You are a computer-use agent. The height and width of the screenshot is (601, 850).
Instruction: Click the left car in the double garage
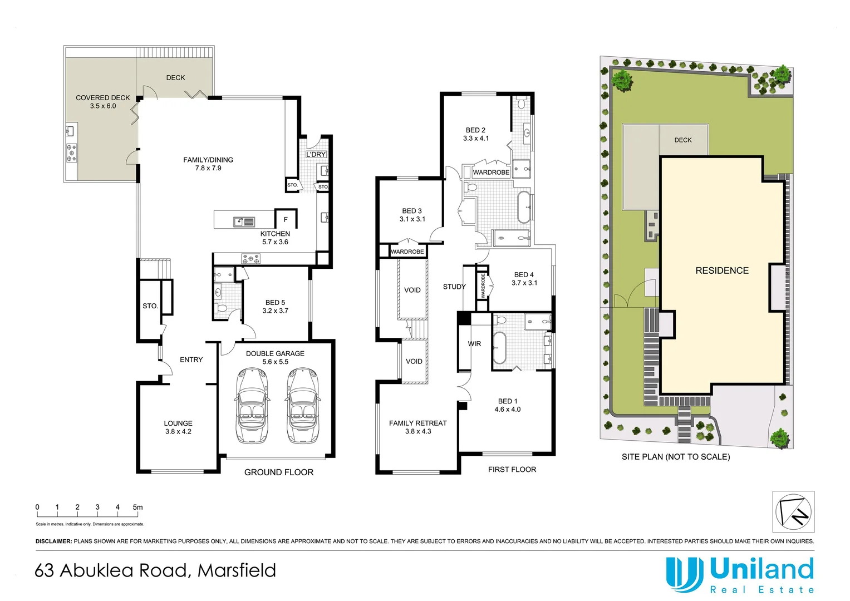coord(251,405)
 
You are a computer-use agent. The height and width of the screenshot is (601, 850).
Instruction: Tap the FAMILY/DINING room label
coord(208,164)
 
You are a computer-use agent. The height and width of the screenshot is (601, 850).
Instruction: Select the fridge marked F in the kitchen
coord(286,219)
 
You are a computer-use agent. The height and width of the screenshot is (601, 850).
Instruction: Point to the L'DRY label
coord(316,154)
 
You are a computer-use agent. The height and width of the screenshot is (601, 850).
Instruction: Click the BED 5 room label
coord(275,307)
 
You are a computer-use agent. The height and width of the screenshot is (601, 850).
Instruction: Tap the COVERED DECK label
coord(103,101)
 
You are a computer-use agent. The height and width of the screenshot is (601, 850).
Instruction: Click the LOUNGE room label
coord(178,427)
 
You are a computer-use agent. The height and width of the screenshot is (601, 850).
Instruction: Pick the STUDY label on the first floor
coord(454,287)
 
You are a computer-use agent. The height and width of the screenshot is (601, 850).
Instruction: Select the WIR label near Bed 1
coord(474,344)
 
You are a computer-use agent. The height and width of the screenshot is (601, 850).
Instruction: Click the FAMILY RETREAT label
coord(418,427)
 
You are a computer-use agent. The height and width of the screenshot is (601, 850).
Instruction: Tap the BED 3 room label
coord(412,215)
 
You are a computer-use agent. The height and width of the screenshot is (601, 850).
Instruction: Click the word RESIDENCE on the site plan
coord(722,270)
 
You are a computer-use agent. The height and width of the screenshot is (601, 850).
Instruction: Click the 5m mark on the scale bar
coord(137,507)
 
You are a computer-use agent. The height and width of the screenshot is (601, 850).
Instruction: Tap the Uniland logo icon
coord(684,573)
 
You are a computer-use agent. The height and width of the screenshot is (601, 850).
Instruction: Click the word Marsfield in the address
coord(237,570)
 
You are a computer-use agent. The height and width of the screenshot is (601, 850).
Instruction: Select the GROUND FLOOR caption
coord(279,472)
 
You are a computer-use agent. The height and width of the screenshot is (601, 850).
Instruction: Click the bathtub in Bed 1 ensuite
coord(499,348)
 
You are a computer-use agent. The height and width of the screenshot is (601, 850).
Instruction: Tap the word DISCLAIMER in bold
coord(53,541)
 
